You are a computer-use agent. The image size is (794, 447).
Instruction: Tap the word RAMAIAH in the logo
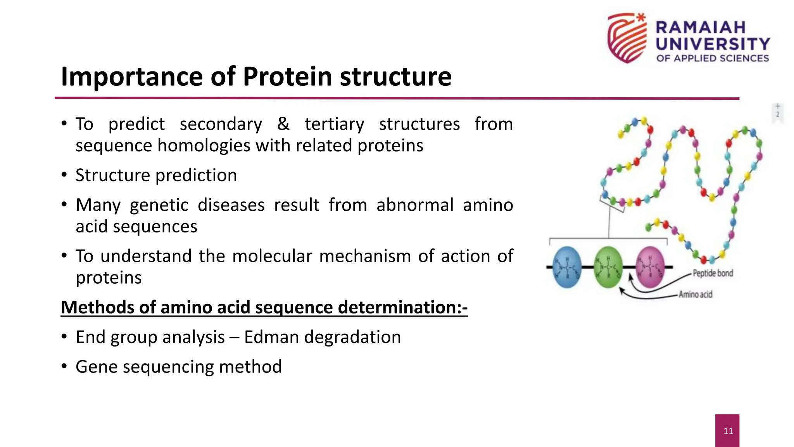click(701, 28)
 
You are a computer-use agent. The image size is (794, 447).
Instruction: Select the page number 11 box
click(727, 431)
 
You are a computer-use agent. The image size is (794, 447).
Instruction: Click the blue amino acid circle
click(567, 267)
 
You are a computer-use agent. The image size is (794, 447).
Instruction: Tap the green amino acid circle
click(608, 267)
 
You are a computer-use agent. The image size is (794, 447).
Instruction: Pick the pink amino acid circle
click(650, 267)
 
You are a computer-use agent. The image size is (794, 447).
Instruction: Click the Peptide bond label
click(713, 273)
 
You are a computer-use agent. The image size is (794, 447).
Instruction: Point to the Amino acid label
click(696, 295)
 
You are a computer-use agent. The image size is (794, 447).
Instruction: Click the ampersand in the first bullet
click(283, 124)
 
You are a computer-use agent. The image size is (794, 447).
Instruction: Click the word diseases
click(231, 205)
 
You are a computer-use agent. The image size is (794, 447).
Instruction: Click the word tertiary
click(334, 124)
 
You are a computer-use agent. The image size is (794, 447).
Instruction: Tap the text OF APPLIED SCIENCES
click(713, 58)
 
